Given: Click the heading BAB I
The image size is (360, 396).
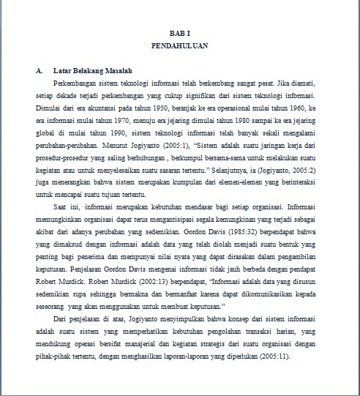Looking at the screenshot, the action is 179,34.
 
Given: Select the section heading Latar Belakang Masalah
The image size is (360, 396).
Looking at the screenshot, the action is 93,71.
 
